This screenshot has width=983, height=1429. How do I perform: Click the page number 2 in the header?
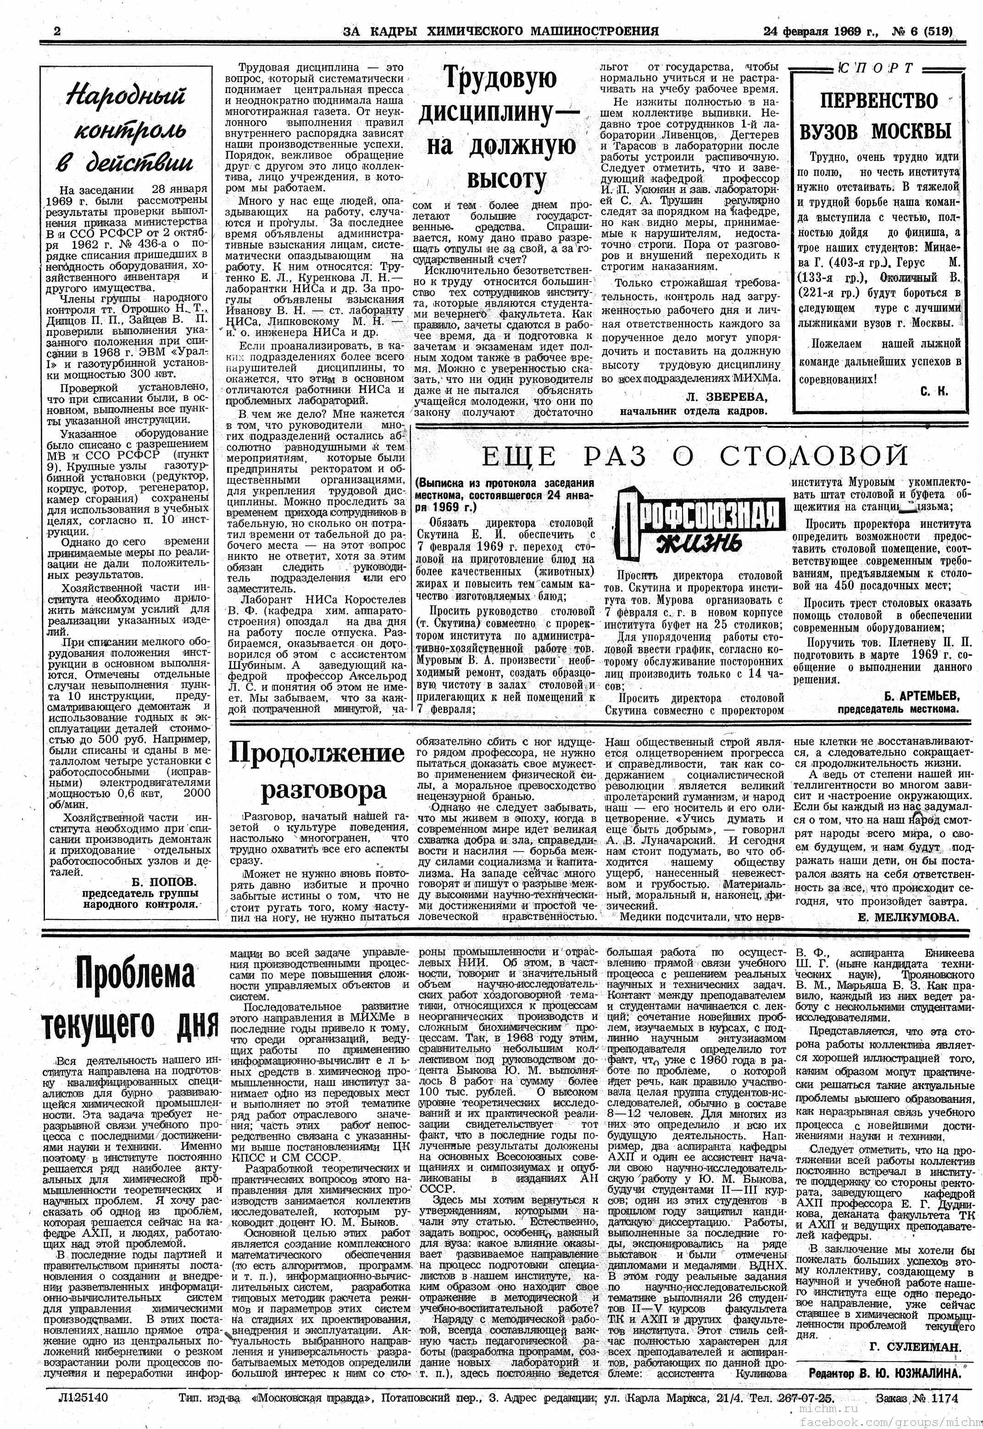point(57,31)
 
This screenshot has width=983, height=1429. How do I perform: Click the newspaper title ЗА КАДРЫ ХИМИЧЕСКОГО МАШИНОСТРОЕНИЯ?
point(500,31)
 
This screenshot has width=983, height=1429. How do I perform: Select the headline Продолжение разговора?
point(317,772)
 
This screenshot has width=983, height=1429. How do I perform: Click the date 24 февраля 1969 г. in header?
point(821,31)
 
